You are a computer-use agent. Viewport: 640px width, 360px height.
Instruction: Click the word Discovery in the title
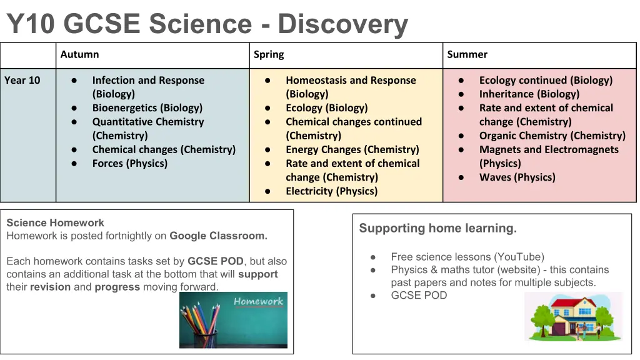(x=343, y=24)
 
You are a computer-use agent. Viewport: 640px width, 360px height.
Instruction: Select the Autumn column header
(x=79, y=54)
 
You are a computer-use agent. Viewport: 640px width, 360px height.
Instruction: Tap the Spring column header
(x=269, y=55)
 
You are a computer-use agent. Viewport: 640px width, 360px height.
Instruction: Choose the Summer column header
(x=467, y=54)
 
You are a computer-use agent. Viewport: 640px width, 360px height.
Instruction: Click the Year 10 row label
(x=22, y=80)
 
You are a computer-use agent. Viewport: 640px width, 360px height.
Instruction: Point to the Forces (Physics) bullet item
(x=130, y=163)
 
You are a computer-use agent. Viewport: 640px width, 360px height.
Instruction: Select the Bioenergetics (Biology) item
(x=147, y=107)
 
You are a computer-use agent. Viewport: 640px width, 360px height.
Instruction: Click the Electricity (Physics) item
(x=331, y=191)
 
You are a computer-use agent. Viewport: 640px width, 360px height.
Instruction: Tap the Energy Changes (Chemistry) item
(x=352, y=149)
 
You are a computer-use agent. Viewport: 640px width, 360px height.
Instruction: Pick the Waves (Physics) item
(x=517, y=177)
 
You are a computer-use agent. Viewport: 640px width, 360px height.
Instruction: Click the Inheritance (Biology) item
(x=529, y=94)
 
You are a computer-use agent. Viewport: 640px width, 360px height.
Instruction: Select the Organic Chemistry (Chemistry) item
(x=552, y=136)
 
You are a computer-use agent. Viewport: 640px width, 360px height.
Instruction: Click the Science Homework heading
(x=55, y=223)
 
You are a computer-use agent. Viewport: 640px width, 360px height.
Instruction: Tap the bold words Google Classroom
(x=218, y=236)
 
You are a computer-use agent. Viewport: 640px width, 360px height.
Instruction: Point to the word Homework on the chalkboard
(x=258, y=302)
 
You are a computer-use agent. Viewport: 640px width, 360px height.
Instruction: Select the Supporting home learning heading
(x=438, y=228)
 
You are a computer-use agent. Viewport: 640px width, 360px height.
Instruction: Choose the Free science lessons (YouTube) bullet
(x=467, y=257)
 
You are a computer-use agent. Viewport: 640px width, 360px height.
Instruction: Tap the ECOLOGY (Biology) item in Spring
(x=326, y=107)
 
